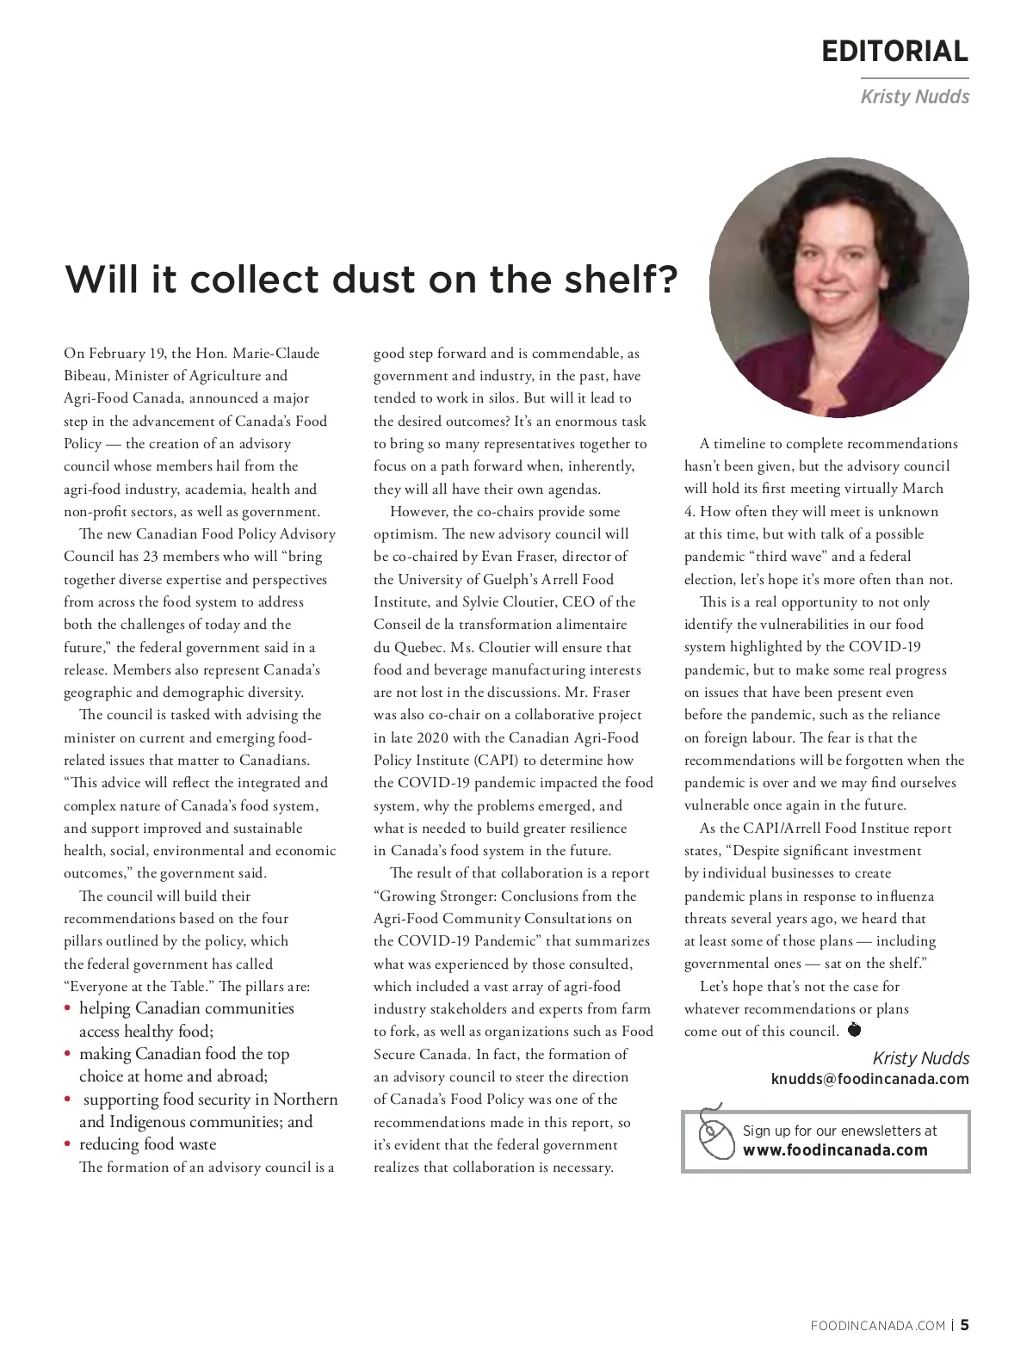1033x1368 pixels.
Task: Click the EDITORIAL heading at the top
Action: [x=894, y=52]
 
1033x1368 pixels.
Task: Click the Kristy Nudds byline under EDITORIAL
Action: [x=914, y=96]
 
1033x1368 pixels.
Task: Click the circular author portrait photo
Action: [x=838, y=287]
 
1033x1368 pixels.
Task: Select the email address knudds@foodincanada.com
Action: [x=869, y=1079]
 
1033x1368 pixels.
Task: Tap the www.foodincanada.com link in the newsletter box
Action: [x=835, y=1150]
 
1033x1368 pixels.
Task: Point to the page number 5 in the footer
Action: [x=964, y=1325]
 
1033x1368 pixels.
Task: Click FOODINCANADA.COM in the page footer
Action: [x=877, y=1326]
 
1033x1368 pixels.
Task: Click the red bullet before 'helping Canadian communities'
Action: [x=68, y=1009]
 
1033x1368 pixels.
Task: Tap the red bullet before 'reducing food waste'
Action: [x=68, y=1145]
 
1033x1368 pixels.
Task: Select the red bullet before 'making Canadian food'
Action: [x=68, y=1055]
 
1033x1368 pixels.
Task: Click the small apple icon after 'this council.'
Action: [x=854, y=1029]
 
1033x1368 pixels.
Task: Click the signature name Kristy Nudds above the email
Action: [x=920, y=1058]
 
